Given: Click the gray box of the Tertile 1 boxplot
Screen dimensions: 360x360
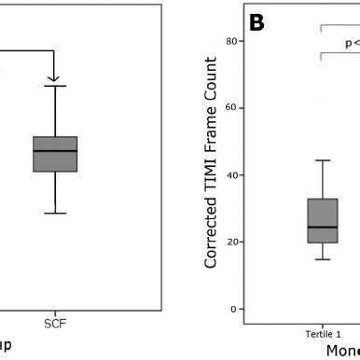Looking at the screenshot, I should pos(322,220).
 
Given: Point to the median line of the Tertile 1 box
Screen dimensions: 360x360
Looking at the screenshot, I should pos(322,227).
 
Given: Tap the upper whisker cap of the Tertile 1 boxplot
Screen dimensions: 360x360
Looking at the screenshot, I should pos(322,160).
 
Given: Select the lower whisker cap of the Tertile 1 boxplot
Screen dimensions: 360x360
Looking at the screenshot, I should pos(322,258).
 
